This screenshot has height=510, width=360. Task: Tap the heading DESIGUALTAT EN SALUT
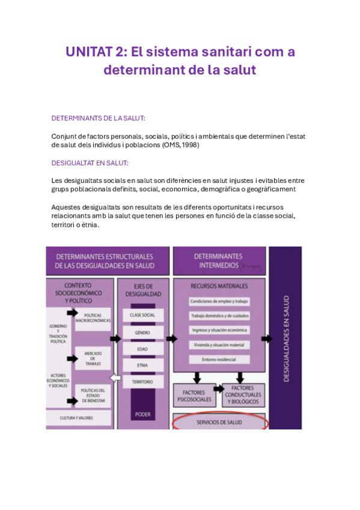click(90, 163)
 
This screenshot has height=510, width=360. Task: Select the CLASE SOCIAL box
click(142, 315)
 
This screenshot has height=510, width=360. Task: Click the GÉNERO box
click(142, 332)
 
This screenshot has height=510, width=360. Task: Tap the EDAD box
click(142, 349)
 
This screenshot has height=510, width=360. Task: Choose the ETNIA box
click(142, 365)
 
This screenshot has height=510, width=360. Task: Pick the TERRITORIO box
click(142, 382)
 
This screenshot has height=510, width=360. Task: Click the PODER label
click(142, 414)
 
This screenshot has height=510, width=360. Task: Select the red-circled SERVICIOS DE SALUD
click(219, 422)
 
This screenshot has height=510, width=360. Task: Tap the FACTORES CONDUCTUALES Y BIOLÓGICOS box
click(244, 395)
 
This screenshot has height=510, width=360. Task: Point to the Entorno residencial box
click(219, 360)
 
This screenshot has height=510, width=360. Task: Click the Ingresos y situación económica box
click(219, 330)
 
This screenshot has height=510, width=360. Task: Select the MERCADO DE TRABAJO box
click(93, 358)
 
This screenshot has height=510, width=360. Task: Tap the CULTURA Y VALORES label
click(76, 417)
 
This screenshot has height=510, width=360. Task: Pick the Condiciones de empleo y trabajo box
click(219, 301)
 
